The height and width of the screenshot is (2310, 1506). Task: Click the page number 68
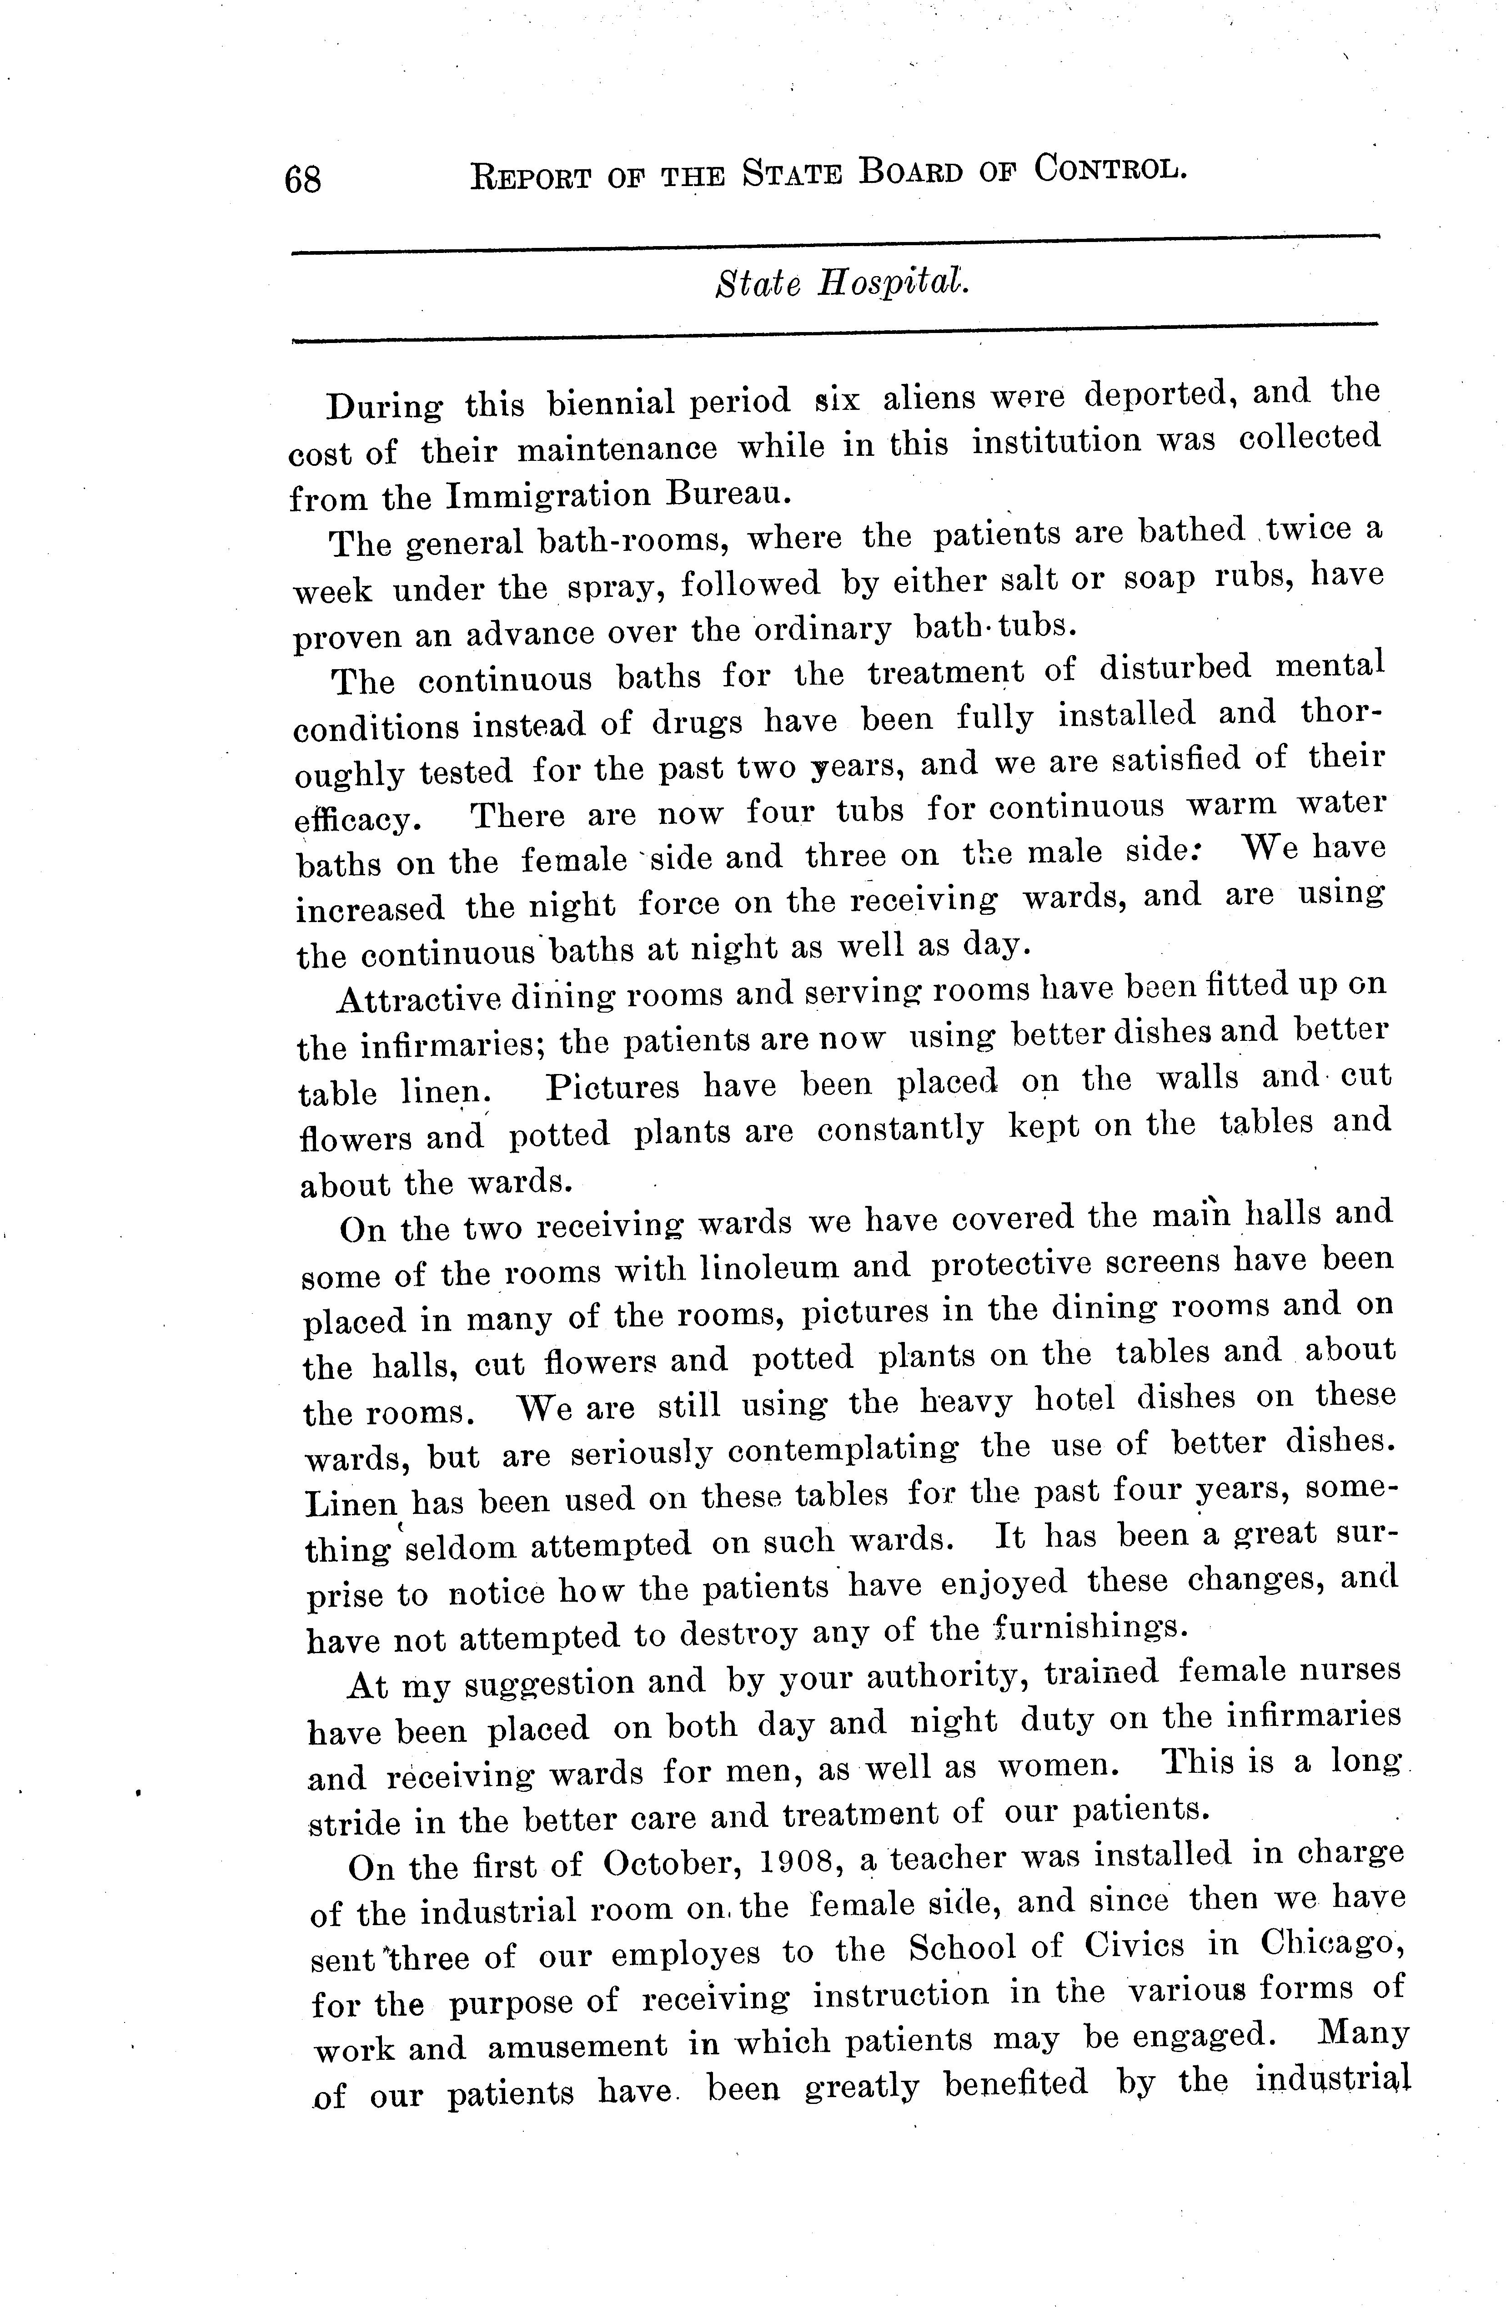303,180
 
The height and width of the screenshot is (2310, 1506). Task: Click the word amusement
577,2046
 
